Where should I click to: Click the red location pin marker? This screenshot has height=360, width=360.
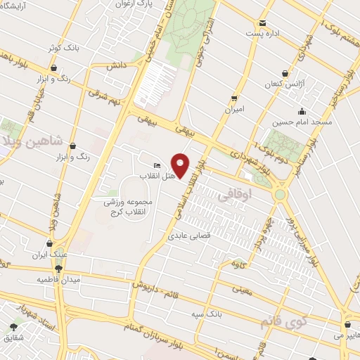[181, 165]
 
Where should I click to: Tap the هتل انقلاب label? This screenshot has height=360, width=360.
[153, 175]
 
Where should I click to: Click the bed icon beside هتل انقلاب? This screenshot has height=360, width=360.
[156, 165]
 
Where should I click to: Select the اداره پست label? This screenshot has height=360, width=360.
[262, 32]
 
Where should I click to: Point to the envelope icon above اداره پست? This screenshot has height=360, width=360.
[262, 22]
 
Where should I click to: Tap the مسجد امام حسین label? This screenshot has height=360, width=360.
[302, 122]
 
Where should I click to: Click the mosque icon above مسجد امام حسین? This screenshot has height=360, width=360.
[302, 111]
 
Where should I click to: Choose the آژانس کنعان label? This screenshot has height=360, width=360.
[285, 83]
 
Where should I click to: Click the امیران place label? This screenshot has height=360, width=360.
[233, 109]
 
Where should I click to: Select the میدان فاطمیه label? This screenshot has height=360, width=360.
[60, 279]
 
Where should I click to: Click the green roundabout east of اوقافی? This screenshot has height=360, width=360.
[281, 193]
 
